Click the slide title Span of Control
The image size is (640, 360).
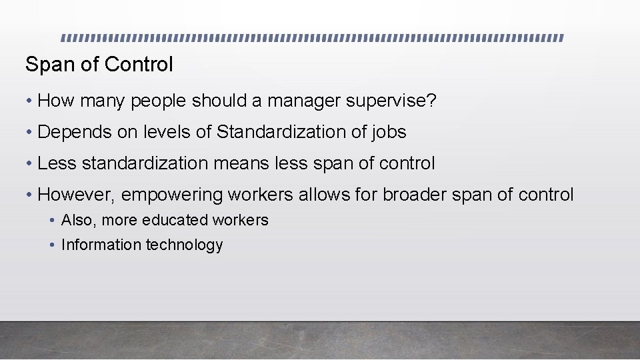pyautogui.click(x=99, y=65)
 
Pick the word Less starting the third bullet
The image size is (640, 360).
pyautogui.click(x=57, y=163)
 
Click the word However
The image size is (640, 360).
pyautogui.click(x=75, y=195)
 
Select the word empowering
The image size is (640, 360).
pyautogui.click(x=172, y=195)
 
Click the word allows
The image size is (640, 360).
pyautogui.click(x=315, y=195)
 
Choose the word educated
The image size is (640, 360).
pyautogui.click(x=175, y=220)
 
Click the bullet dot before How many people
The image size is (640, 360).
pyautogui.click(x=29, y=102)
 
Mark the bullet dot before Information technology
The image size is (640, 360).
pyautogui.click(x=52, y=245)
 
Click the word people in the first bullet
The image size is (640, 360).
pyautogui.click(x=159, y=101)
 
